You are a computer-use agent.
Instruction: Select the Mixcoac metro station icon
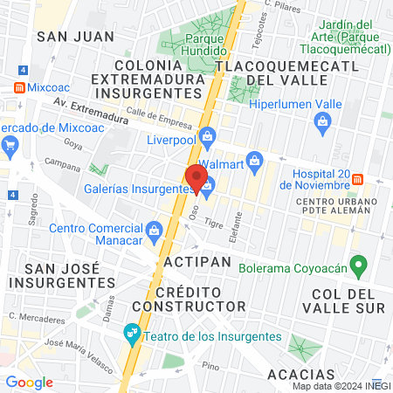(x=18, y=87)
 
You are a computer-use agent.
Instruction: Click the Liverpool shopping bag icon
(x=207, y=135)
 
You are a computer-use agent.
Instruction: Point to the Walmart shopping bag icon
(x=254, y=160)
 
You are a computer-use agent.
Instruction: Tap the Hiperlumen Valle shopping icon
(x=322, y=121)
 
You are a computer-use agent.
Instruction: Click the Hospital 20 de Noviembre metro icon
(x=357, y=179)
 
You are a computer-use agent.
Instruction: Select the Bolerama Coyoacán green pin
(x=356, y=265)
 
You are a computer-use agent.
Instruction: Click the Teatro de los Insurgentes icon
(x=132, y=332)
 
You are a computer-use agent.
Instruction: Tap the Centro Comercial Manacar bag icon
(x=155, y=230)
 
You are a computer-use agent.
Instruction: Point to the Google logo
(x=29, y=382)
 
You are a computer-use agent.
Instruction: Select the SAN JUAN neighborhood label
(x=64, y=36)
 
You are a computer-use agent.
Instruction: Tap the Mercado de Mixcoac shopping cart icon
(x=11, y=144)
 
